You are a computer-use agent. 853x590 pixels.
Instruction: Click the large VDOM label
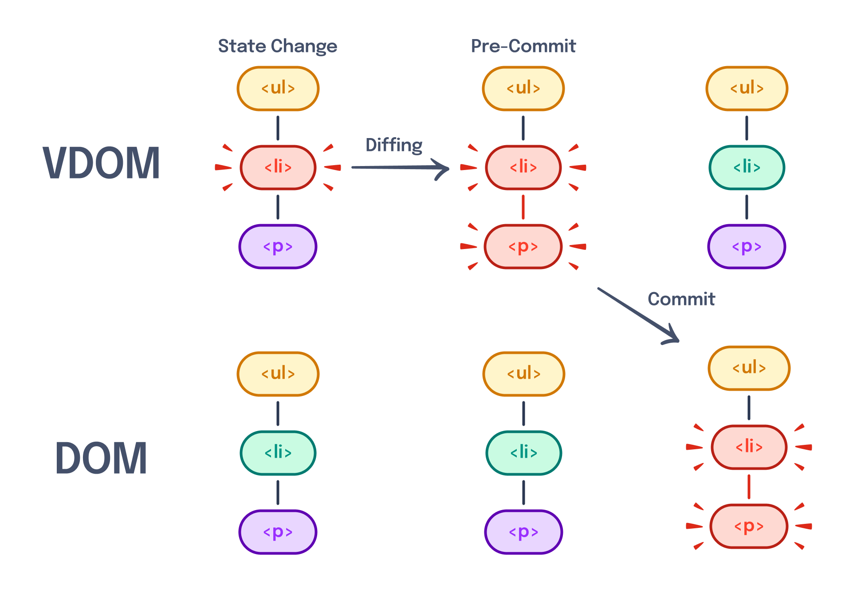pyautogui.click(x=101, y=163)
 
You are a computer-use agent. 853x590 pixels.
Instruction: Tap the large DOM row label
pyautogui.click(x=101, y=458)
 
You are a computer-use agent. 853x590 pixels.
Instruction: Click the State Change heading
pyautogui.click(x=278, y=46)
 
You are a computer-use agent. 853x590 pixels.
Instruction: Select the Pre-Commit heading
pyautogui.click(x=523, y=46)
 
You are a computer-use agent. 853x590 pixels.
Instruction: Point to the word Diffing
pyautogui.click(x=394, y=146)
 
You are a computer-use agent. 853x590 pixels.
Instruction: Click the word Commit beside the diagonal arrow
pyautogui.click(x=681, y=299)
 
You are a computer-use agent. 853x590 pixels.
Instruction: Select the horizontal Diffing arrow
pyautogui.click(x=399, y=168)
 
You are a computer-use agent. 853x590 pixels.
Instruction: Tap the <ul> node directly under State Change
pyautogui.click(x=278, y=88)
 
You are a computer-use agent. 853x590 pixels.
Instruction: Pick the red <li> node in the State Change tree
pyautogui.click(x=278, y=167)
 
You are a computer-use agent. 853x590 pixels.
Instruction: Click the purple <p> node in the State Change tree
pyautogui.click(x=278, y=246)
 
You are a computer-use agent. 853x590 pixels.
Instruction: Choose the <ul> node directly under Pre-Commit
pyautogui.click(x=523, y=88)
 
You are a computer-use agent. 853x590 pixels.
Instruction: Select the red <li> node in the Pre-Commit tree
pyautogui.click(x=523, y=167)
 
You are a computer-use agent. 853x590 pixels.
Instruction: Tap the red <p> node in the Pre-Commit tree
pyautogui.click(x=523, y=246)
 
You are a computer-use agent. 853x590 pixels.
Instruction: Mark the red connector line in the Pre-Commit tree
pyautogui.click(x=523, y=207)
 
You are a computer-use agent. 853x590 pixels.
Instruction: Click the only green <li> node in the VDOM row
pyautogui.click(x=747, y=167)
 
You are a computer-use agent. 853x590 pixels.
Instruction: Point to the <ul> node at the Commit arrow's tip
pyautogui.click(x=749, y=368)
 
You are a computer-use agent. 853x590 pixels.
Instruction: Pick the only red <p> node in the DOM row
pyautogui.click(x=749, y=526)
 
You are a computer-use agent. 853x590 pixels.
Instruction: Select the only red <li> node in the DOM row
pyautogui.click(x=749, y=447)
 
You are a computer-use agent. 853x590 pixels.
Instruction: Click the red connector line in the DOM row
pyautogui.click(x=749, y=487)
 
